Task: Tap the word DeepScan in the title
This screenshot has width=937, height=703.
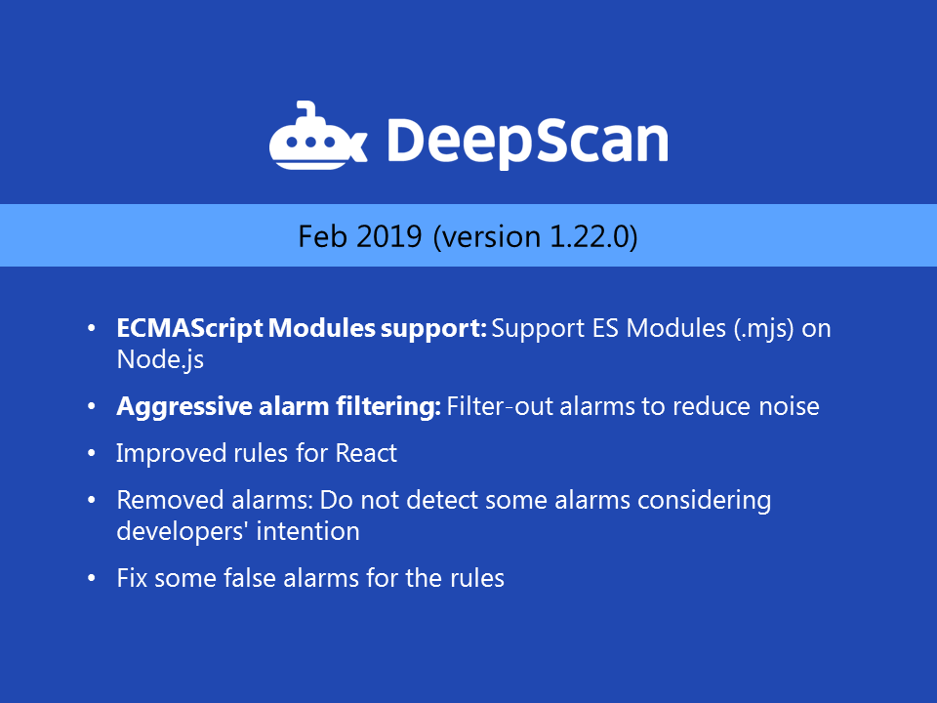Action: [527, 141]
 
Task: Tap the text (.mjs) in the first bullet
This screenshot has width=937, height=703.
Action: [765, 328]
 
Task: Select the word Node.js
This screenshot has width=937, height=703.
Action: [160, 358]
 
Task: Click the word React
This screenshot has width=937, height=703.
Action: [366, 453]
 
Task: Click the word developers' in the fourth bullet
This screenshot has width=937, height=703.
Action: [172, 531]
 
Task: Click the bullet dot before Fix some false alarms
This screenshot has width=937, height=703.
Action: [92, 578]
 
